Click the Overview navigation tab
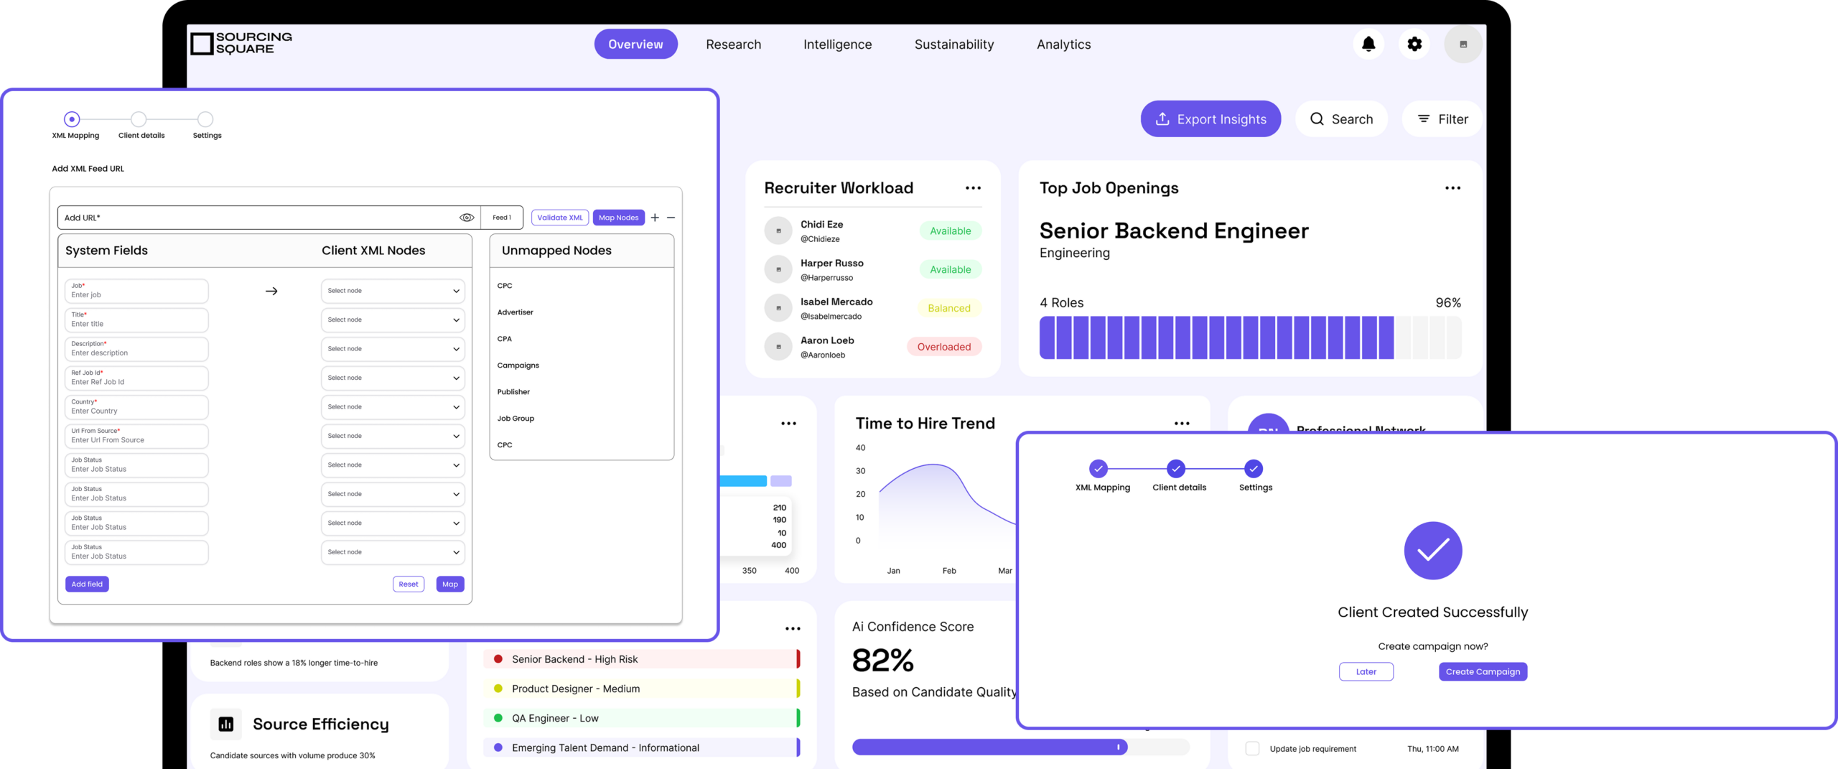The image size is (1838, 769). tap(635, 45)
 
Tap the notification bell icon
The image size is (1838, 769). tap(1368, 45)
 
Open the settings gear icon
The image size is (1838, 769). tap(1414, 45)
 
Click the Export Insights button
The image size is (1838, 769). tap(1210, 119)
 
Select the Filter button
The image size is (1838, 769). tap(1442, 119)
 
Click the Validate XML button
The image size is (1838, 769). tap(560, 218)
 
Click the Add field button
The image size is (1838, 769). tap(87, 584)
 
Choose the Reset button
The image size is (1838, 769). tap(409, 584)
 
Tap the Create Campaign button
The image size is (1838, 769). tap(1483, 672)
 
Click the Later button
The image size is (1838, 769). tap(1366, 672)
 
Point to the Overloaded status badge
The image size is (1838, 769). tap(943, 347)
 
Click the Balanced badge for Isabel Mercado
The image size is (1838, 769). tap(948, 308)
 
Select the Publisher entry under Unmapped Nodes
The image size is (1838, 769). tap(513, 392)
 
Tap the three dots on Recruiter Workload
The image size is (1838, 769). tap(973, 188)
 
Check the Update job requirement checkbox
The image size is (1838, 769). tap(1252, 749)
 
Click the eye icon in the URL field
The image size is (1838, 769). tap(467, 218)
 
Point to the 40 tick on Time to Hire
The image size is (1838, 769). tap(860, 448)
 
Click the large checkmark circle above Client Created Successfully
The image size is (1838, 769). tap(1432, 551)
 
